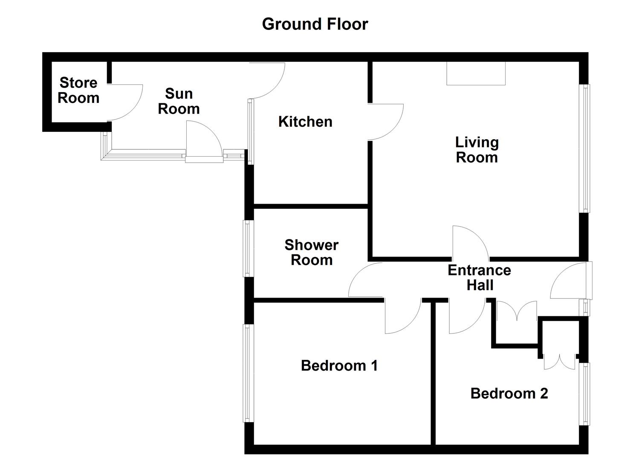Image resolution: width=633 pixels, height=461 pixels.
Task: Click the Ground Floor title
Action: coord(315,24)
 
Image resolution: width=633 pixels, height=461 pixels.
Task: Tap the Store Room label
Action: coord(78,90)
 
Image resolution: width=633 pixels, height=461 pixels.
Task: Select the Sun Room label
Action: coord(179,101)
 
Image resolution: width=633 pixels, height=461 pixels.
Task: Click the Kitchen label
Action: coord(305,122)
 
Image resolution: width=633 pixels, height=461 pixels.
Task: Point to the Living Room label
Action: coord(477,150)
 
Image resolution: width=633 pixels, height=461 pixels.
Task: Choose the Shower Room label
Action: coord(312,252)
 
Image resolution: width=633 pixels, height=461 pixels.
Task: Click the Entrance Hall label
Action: coord(480,277)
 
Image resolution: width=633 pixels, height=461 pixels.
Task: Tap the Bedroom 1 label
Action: coord(339,365)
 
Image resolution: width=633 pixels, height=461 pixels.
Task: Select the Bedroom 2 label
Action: coord(509,393)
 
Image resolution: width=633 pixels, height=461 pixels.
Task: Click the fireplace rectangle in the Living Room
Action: coord(476,73)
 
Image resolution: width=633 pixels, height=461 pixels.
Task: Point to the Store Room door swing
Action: coord(124,102)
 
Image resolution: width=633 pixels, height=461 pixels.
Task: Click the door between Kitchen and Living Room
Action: coord(385,122)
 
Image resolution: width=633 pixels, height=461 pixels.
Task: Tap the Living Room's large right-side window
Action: coord(586,148)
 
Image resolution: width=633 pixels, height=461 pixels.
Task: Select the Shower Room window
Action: coord(248,248)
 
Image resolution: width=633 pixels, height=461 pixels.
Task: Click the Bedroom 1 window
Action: coord(248,373)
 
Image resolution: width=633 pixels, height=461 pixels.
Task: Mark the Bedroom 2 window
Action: coord(586,394)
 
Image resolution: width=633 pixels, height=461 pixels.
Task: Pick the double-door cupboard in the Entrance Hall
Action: coord(516,312)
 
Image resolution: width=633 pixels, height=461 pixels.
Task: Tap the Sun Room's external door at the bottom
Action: coord(203,143)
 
